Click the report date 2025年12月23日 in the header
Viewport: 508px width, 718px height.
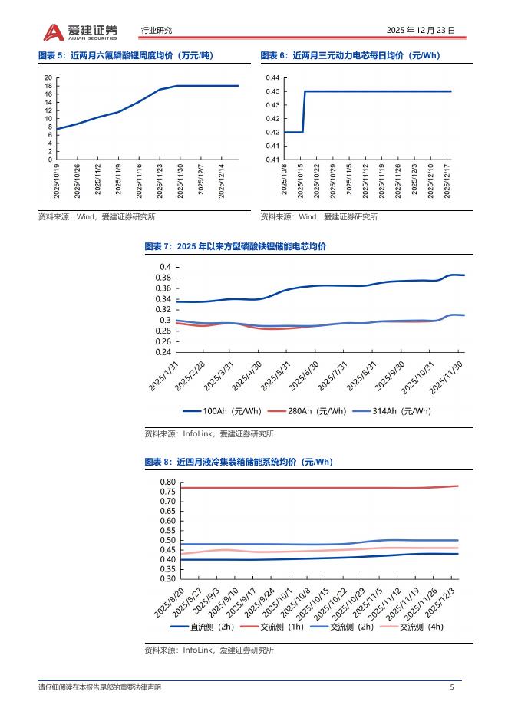coord(421,31)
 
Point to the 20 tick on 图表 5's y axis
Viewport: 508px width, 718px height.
coord(48,78)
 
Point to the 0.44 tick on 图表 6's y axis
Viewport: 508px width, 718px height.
coord(272,78)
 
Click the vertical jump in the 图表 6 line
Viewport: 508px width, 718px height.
coord(303,112)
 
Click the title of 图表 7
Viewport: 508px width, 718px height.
coord(236,246)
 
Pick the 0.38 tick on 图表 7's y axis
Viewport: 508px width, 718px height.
coord(163,278)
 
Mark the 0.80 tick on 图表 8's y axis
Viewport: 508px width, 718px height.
coord(167,482)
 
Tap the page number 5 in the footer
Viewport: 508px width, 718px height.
coord(452,687)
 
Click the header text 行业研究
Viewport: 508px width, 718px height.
coord(157,31)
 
